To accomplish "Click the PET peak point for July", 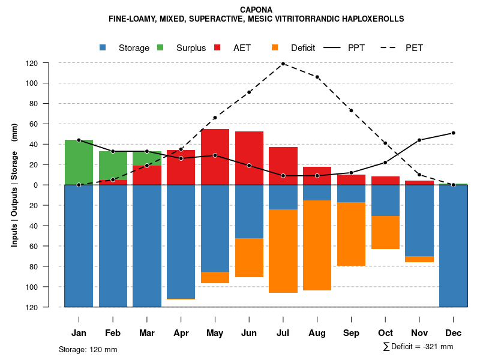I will coord(283,64).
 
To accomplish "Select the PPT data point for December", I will coord(453,133).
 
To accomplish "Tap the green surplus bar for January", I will coord(79,162).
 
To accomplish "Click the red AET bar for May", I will coord(215,157).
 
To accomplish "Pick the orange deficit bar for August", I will coord(317,245).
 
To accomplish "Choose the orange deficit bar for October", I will coord(385,232).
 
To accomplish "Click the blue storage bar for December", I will coord(453,246).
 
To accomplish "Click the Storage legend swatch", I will coord(103,47).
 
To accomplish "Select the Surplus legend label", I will coord(191,48).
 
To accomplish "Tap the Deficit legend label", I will coord(303,48).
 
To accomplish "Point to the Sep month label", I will coord(351,333).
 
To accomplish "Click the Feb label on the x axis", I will coord(113,333).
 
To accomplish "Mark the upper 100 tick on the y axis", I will coord(49,83).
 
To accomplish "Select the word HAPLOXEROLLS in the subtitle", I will coord(371,19).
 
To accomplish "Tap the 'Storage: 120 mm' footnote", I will coord(88,349).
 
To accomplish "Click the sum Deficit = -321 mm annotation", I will coord(418,347).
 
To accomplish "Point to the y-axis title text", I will coord(14,185).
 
